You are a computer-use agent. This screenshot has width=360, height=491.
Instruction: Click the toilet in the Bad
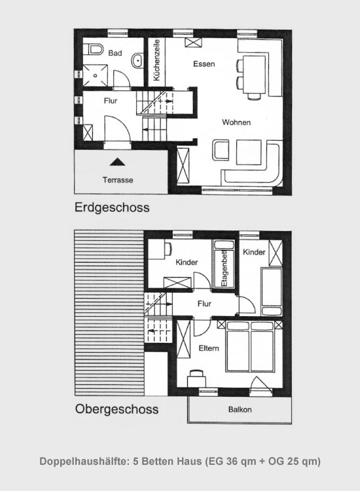tap(94, 49)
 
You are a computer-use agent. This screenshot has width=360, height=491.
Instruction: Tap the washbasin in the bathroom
tap(137, 60)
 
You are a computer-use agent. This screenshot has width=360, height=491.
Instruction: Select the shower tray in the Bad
tap(95, 75)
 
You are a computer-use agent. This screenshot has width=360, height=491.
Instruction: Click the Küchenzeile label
tap(156, 60)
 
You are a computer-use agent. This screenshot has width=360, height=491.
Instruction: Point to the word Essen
tap(204, 64)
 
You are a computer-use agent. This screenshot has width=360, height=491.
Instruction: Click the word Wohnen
tap(236, 122)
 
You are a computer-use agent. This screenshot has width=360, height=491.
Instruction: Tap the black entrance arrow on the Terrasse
tap(117, 162)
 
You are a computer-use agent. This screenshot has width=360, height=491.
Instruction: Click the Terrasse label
tap(118, 180)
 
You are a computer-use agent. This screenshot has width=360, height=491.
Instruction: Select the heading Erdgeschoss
tap(112, 208)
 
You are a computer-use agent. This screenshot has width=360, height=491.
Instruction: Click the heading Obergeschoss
tap(117, 409)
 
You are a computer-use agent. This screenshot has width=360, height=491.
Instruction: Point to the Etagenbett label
tap(224, 270)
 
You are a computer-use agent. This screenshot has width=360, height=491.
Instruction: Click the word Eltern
tap(209, 348)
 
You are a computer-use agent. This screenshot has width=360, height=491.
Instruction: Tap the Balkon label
tap(240, 410)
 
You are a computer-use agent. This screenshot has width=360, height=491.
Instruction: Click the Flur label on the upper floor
tap(204, 303)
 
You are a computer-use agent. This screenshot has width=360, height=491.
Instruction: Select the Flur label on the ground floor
tap(111, 101)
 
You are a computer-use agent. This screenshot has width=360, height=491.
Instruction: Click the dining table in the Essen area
tap(255, 74)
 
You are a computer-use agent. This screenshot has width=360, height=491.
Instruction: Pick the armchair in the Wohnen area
tap(221, 151)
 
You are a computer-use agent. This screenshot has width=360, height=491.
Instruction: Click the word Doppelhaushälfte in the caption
tap(84, 462)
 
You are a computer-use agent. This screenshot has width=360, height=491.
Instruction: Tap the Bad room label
tap(115, 53)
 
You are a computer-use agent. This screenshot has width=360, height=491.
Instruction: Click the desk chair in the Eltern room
tap(196, 373)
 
